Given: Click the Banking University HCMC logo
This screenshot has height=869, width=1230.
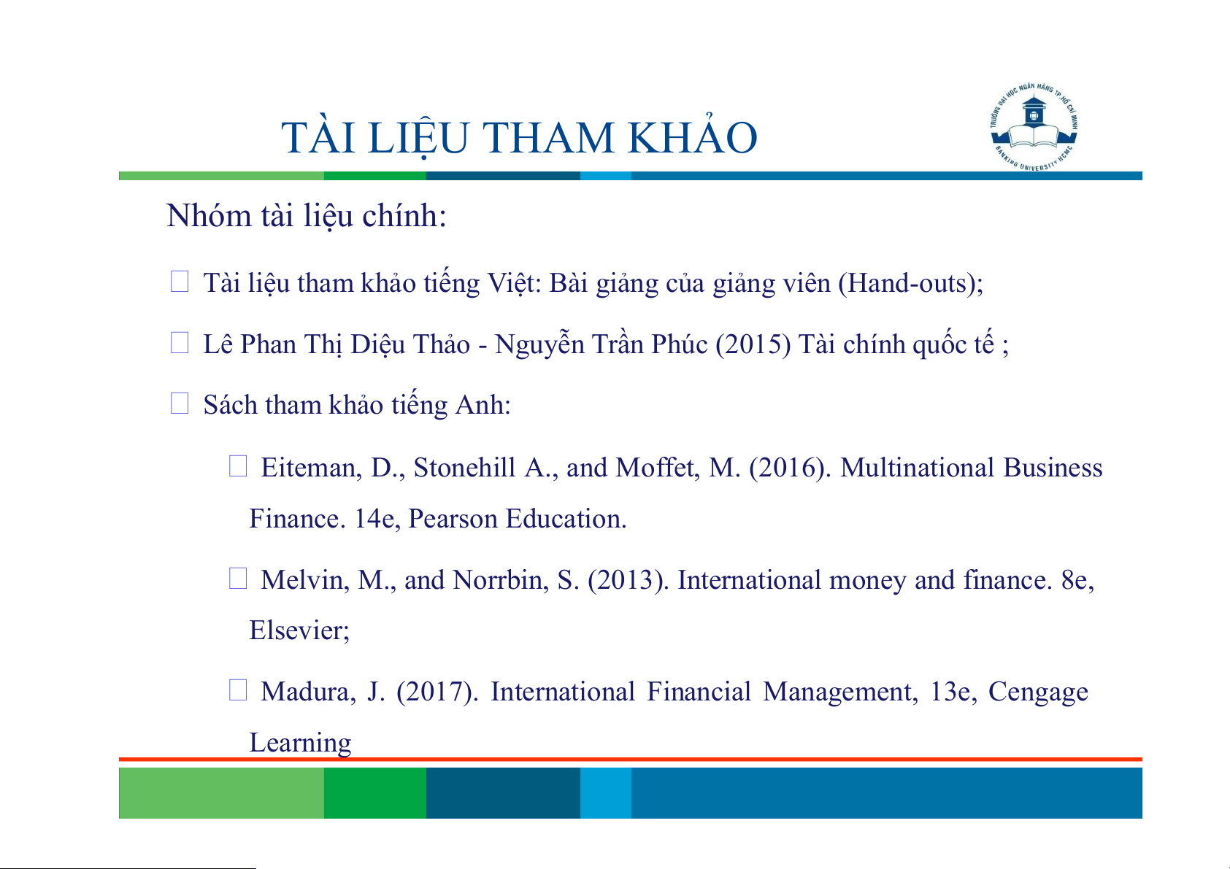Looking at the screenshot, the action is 1034,128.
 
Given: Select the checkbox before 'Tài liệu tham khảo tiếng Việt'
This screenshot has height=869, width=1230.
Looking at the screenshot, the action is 180,281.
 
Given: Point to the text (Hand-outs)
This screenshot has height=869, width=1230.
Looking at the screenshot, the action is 907,283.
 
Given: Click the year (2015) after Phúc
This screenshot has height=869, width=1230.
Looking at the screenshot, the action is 753,344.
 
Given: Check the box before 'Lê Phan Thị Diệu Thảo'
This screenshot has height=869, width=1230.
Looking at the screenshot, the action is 180,342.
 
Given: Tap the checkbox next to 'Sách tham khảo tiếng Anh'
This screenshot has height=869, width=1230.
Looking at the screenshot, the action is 180,403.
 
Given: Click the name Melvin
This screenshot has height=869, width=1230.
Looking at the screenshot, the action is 304,580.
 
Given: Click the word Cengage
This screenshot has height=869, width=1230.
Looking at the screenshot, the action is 1038,692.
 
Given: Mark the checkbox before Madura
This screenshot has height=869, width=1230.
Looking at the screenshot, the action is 238,690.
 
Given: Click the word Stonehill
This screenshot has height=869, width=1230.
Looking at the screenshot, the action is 464,468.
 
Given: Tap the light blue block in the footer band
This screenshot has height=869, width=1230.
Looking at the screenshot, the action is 606,792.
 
